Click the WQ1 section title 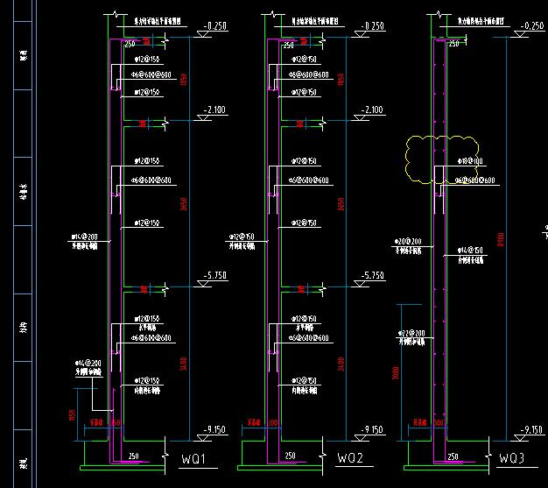point(193,459)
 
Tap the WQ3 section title point(511,459)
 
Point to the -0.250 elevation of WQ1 point(214,26)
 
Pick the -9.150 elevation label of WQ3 point(532,429)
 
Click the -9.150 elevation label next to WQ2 point(372,429)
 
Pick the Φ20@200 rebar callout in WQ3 point(409,241)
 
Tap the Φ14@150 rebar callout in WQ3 point(469,251)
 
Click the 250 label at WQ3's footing point(451,456)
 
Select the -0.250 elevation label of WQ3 point(532,26)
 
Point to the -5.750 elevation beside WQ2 point(372,276)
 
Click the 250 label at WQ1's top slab point(130,44)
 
